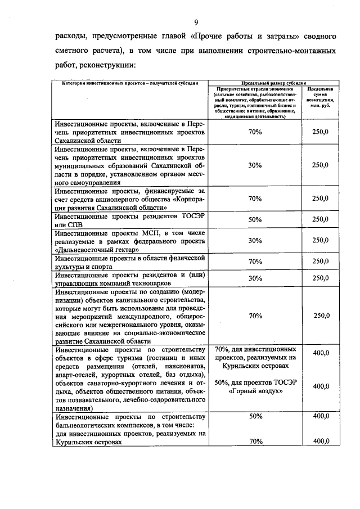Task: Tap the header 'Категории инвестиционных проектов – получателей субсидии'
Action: (x=127, y=83)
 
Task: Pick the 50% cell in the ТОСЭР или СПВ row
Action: (x=255, y=219)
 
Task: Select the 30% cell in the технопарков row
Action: (x=255, y=278)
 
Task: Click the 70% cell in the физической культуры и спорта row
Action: (x=255, y=261)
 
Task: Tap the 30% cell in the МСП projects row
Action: (x=255, y=240)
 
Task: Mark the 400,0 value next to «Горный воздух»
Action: (x=320, y=386)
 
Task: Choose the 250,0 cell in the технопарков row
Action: (x=320, y=278)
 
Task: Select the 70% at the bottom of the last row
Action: (x=255, y=442)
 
